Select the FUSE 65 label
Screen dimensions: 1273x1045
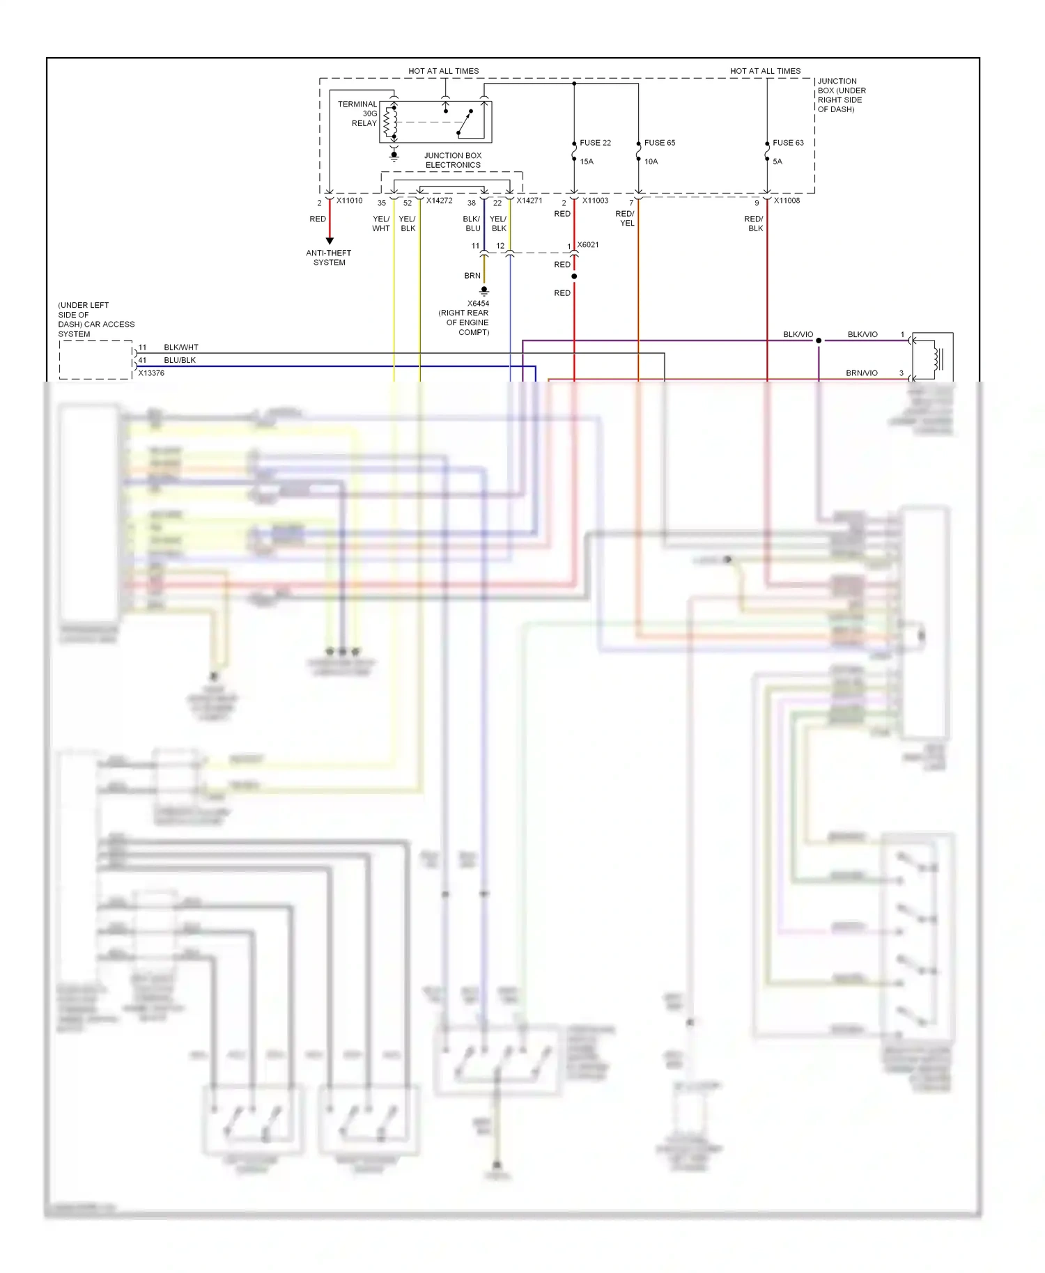click(x=659, y=143)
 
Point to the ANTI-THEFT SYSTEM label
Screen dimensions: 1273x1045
click(x=329, y=258)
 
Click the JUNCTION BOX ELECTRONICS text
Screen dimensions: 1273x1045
click(x=453, y=160)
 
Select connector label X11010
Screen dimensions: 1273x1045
click(x=349, y=201)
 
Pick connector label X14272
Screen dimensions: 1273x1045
click(x=439, y=201)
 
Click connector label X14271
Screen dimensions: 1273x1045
click(x=529, y=201)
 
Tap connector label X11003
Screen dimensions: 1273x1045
click(x=595, y=201)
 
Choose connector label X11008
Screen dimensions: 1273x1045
click(x=787, y=201)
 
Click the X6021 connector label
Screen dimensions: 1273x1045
click(x=587, y=245)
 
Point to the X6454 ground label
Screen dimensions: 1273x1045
click(x=478, y=304)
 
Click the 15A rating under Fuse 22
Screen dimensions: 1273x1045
click(x=587, y=162)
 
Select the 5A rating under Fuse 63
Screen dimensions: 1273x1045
click(x=777, y=162)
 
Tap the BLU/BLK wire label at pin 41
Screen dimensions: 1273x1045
click(x=180, y=360)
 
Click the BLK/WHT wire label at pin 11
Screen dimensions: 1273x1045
click(x=181, y=347)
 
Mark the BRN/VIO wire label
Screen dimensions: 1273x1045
click(x=861, y=373)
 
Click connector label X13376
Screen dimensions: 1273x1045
click(x=151, y=373)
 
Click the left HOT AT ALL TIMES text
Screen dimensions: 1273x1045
click(x=443, y=71)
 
